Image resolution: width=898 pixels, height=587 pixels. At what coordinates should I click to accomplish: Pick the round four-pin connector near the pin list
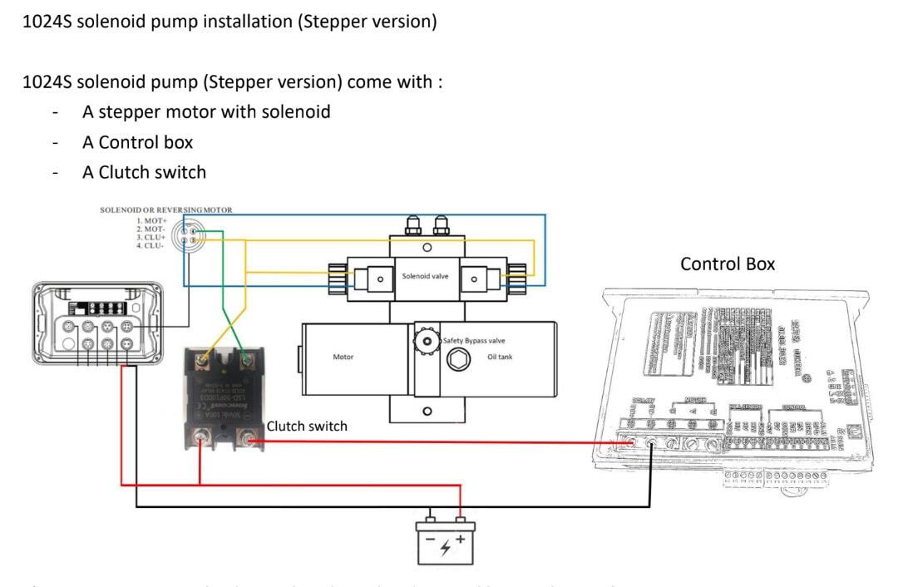(189, 234)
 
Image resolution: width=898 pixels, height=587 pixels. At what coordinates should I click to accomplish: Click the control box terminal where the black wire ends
(650, 444)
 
